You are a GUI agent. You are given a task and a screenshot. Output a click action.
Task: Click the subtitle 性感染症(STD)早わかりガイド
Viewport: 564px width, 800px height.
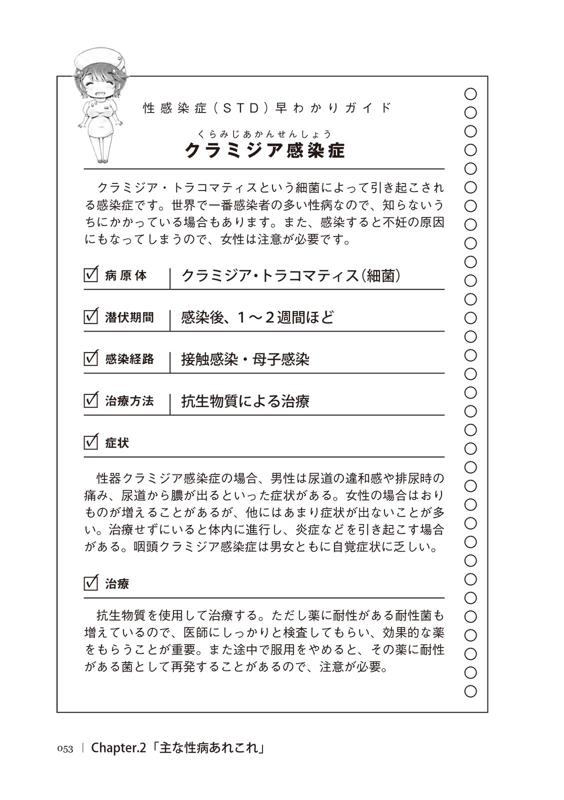tap(267, 108)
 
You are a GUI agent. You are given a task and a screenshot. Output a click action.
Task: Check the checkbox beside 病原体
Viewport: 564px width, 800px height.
tap(91, 274)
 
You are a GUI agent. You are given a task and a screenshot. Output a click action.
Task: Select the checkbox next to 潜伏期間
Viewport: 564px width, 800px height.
tap(91, 316)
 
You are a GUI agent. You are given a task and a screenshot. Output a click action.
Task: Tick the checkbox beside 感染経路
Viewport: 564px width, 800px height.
tap(91, 358)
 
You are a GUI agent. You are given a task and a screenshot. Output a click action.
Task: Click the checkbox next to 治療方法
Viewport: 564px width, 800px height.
tap(91, 400)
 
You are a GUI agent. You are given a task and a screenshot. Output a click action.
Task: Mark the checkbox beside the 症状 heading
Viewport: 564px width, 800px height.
tap(91, 442)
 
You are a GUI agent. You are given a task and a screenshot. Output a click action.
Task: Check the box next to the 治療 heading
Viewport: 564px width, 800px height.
tap(91, 583)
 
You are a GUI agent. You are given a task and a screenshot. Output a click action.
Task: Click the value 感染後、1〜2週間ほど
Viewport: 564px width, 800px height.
tap(257, 317)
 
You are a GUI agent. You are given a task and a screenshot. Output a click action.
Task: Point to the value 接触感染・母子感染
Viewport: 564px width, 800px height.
tap(245, 359)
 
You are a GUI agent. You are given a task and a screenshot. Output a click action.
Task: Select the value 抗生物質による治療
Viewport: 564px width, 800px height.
tap(245, 401)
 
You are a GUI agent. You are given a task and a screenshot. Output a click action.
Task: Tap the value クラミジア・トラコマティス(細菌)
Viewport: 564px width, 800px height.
tap(291, 275)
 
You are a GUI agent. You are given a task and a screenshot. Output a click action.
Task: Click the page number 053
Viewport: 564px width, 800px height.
tap(65, 748)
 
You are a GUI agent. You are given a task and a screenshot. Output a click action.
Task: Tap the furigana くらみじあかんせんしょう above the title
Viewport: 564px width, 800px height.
tap(264, 133)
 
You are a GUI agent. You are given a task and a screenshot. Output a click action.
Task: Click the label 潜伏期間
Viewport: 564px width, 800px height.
tap(129, 317)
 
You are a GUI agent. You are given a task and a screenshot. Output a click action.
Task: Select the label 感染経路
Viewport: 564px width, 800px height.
tap(129, 359)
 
